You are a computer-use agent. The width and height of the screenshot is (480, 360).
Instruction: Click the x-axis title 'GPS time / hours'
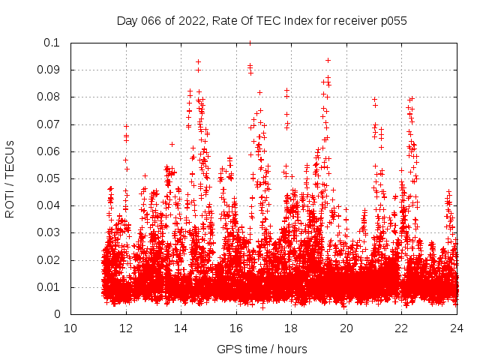click(262, 349)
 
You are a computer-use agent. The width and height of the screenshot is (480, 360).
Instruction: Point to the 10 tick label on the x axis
click(70, 328)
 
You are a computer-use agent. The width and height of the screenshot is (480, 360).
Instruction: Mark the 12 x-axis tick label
click(126, 328)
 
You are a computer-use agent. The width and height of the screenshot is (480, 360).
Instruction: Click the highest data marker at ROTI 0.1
click(250, 43)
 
